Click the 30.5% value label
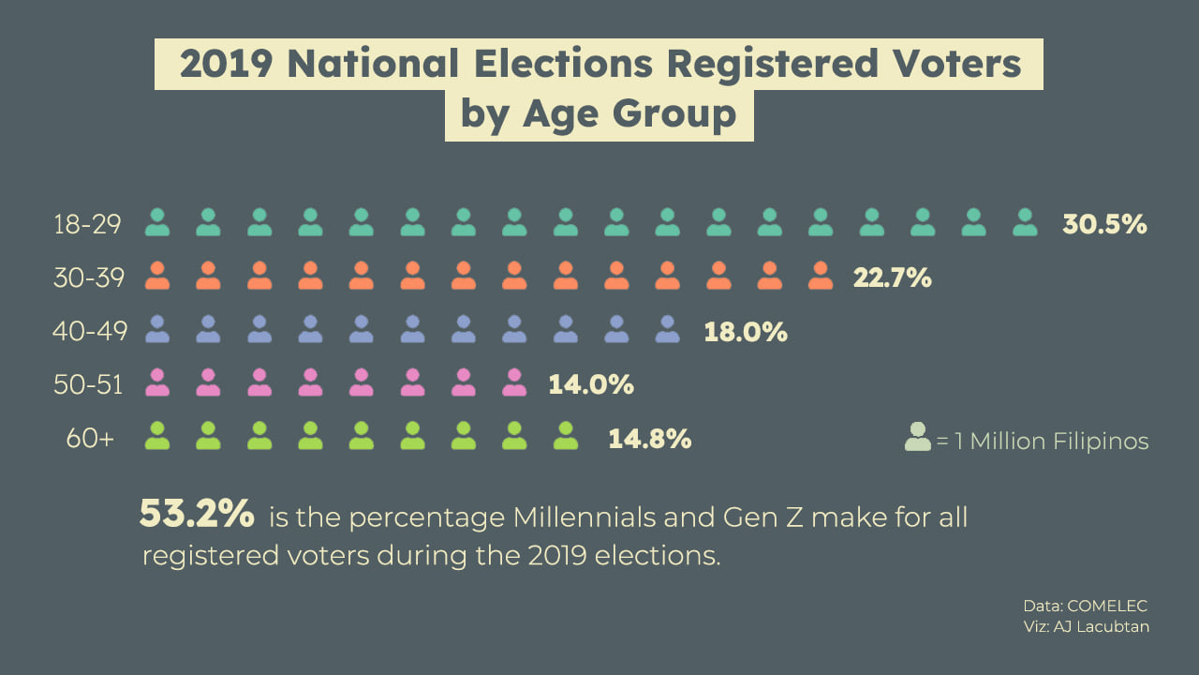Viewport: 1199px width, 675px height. tap(1104, 225)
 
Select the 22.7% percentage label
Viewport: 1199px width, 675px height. tap(892, 277)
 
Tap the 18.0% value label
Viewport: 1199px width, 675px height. tap(745, 331)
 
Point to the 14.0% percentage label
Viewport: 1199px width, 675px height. tap(591, 384)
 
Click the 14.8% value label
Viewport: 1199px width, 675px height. tap(649, 438)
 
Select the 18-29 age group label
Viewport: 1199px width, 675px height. tap(89, 225)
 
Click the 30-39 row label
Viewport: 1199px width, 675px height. tap(89, 277)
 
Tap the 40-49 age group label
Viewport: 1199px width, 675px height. tap(89, 331)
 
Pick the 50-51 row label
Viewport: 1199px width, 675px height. tap(89, 384)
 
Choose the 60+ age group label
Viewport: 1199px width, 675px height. tap(90, 438)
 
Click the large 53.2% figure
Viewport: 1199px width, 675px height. tap(197, 514)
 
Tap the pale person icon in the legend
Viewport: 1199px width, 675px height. tap(918, 438)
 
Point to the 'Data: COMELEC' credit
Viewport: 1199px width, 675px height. tap(1086, 606)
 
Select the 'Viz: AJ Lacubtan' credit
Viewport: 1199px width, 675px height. tap(1086, 626)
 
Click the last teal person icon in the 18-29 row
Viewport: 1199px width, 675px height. tap(1025, 223)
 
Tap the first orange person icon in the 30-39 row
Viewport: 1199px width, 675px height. tap(157, 276)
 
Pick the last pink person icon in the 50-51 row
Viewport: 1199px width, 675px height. tap(513, 382)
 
